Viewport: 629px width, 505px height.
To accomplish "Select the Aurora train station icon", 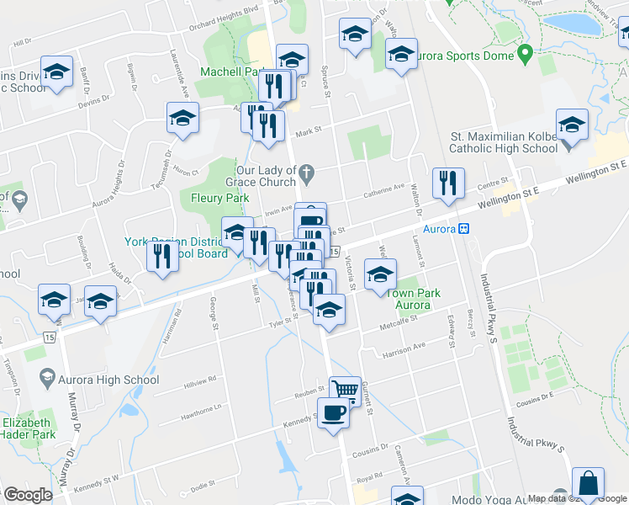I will point(462,229).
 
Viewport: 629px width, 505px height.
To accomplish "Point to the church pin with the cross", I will point(308,175).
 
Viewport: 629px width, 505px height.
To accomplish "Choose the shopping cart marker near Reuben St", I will point(345,390).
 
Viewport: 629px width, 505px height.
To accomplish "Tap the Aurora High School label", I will point(108,380).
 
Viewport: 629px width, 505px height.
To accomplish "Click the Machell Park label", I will point(227,72).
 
